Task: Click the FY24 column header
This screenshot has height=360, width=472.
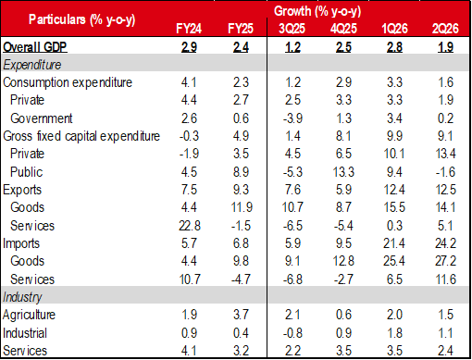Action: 189,29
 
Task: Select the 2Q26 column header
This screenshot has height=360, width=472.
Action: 445,29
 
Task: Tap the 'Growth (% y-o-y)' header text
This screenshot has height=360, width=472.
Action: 317,11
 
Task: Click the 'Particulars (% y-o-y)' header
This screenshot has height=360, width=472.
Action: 82,19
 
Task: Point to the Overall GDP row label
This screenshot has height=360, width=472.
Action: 35,47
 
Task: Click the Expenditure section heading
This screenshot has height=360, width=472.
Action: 32,65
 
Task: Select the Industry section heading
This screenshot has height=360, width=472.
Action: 22,297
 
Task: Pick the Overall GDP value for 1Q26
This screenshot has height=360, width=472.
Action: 394,47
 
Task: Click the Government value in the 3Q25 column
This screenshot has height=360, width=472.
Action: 292,118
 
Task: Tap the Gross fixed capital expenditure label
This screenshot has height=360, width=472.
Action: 81,136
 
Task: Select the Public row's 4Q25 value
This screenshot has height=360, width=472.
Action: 343,172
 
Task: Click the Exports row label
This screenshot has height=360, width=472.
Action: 22,190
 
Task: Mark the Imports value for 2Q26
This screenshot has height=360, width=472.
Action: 445,243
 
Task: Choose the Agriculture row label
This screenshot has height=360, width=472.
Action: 29,315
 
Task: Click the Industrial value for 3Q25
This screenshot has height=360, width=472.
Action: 292,333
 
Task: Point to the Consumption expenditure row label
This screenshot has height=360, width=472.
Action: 68,82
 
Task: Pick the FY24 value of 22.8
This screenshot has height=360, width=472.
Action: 190,226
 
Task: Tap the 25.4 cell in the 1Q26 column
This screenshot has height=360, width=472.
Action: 394,261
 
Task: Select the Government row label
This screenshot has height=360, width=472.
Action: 42,118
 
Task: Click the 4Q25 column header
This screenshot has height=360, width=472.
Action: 343,29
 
